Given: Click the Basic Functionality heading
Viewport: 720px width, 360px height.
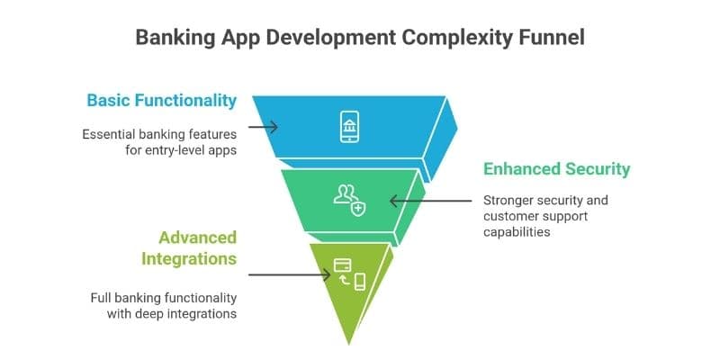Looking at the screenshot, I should (162, 100).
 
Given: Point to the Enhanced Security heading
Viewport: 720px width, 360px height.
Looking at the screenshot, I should (557, 169).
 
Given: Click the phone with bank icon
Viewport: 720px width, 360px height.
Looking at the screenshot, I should (349, 127).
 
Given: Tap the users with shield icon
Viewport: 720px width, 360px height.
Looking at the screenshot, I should (349, 199).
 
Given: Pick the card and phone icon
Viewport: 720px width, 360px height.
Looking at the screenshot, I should (349, 273).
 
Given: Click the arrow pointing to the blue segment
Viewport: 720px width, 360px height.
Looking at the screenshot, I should (263, 128).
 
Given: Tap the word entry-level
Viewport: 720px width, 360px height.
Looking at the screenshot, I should (176, 151).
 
